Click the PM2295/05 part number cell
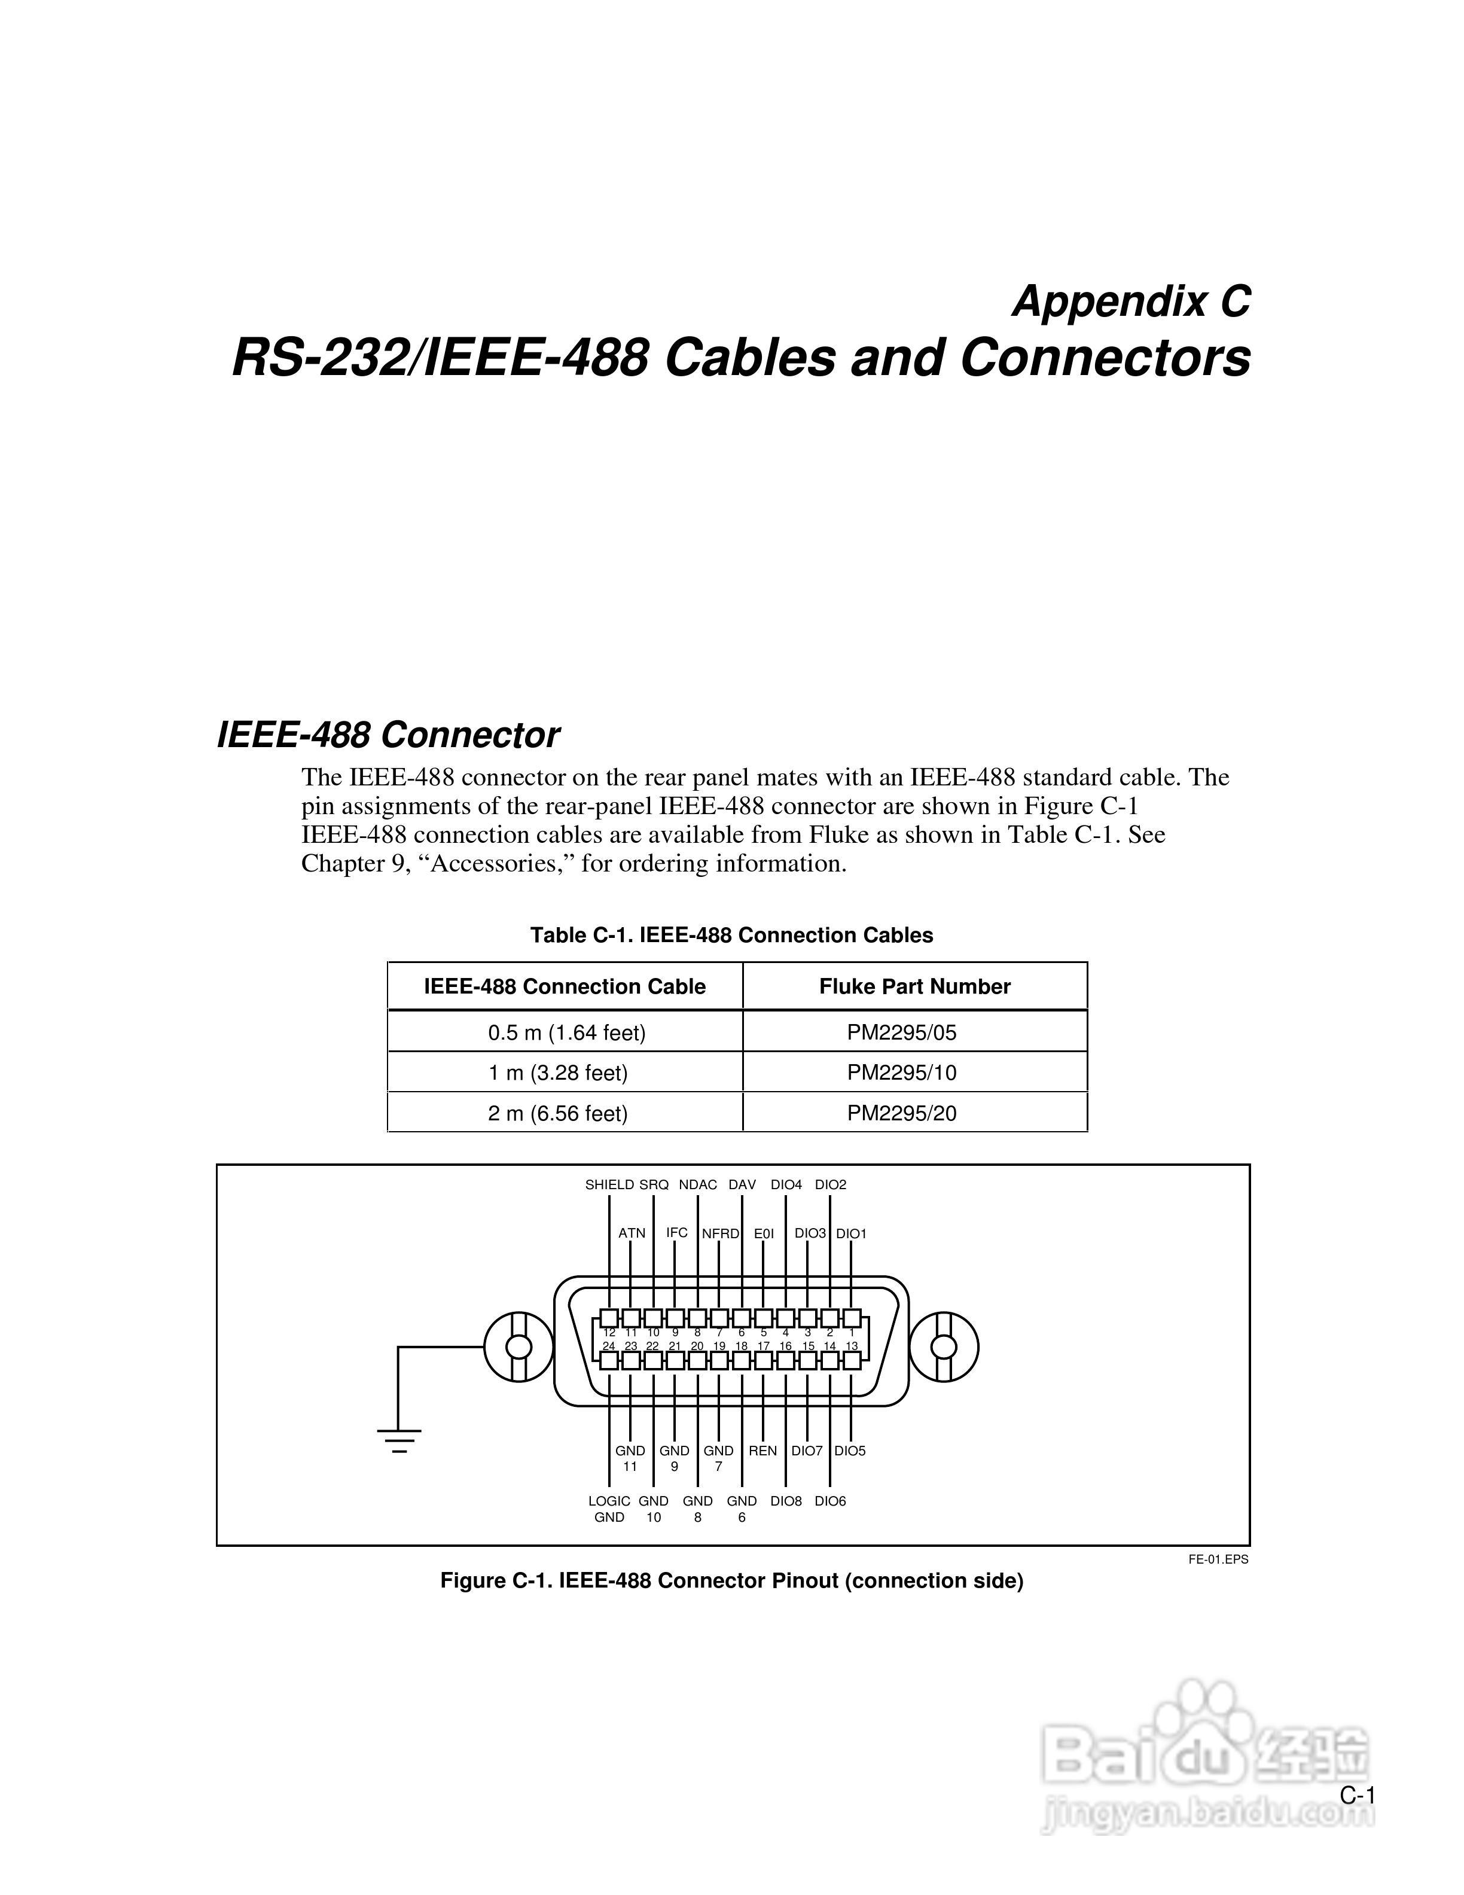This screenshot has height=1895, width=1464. (x=901, y=1032)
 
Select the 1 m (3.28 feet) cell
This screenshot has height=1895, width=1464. (x=558, y=1073)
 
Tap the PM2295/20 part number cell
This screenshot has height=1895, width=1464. (x=901, y=1113)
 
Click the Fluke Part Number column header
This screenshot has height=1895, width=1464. (x=914, y=986)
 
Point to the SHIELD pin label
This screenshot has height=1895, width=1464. (x=609, y=1184)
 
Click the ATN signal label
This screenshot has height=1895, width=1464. (x=632, y=1233)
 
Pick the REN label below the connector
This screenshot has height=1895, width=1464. (x=762, y=1451)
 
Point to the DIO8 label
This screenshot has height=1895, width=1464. (x=786, y=1501)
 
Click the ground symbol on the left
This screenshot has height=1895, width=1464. (x=399, y=1441)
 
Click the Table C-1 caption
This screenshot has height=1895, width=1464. (x=731, y=936)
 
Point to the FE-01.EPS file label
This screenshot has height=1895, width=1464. (x=1218, y=1559)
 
